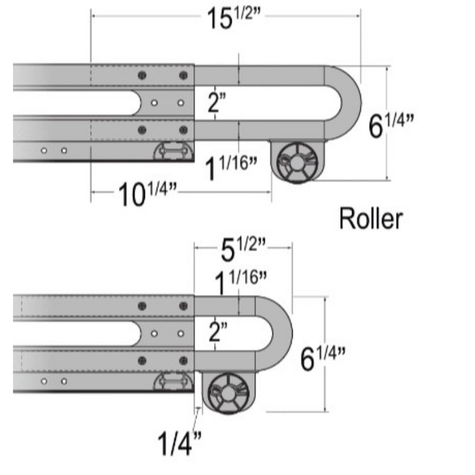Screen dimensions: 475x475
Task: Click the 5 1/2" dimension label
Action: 241,252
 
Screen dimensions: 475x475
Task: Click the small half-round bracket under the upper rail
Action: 172,151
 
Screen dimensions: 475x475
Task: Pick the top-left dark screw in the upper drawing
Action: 142,75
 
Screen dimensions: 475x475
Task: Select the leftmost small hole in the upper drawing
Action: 44,151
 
